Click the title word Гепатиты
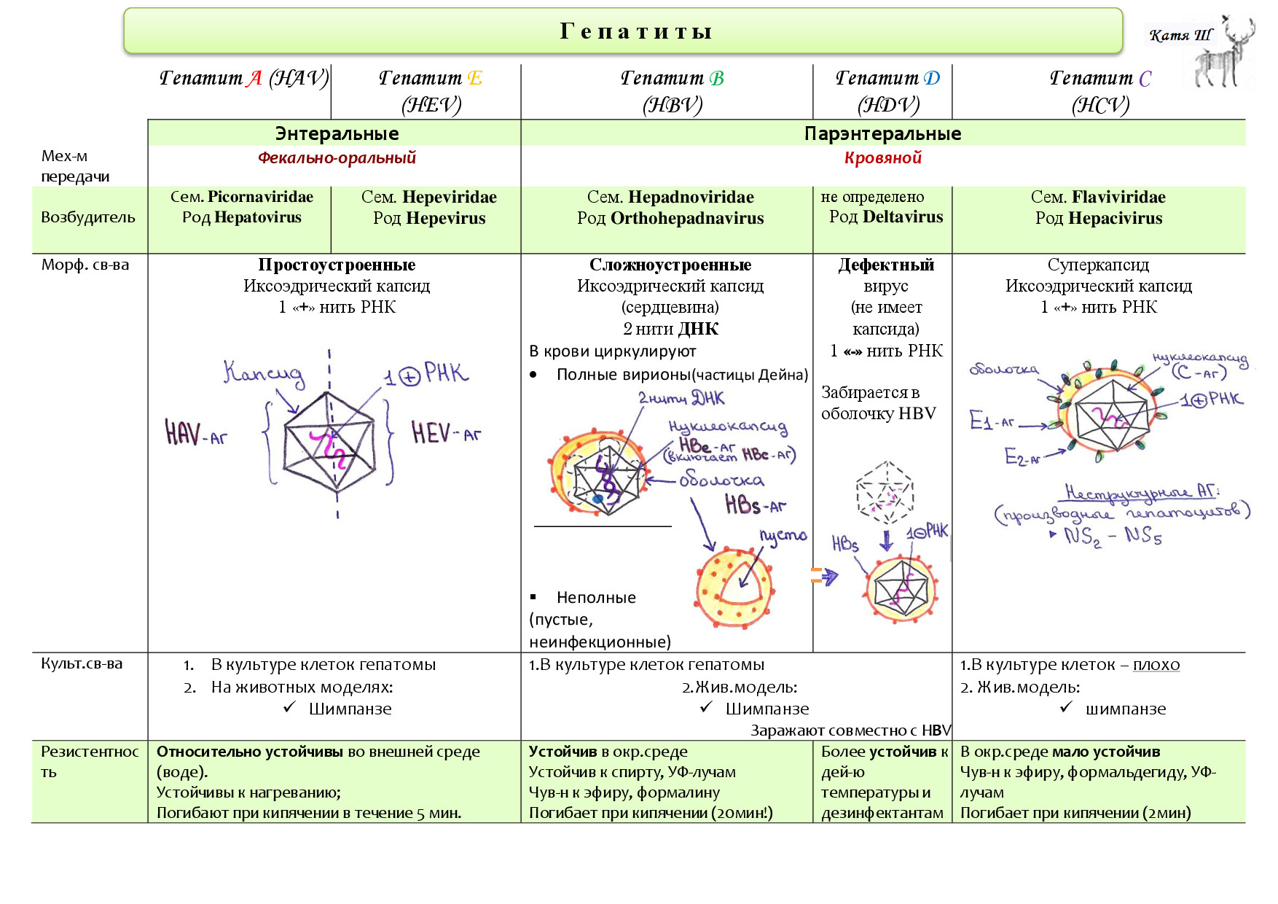635,31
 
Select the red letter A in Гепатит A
254,78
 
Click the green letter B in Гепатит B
717,78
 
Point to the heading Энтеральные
337,133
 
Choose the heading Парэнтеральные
882,133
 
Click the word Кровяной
882,157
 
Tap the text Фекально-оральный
337,157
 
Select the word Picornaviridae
260,197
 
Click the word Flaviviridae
1118,197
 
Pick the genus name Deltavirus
903,217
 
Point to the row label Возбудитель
88,217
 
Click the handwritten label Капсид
264,373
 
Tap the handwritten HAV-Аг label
196,433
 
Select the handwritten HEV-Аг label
446,432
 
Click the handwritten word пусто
783,537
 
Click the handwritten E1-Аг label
992,420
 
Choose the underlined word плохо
1156,664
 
